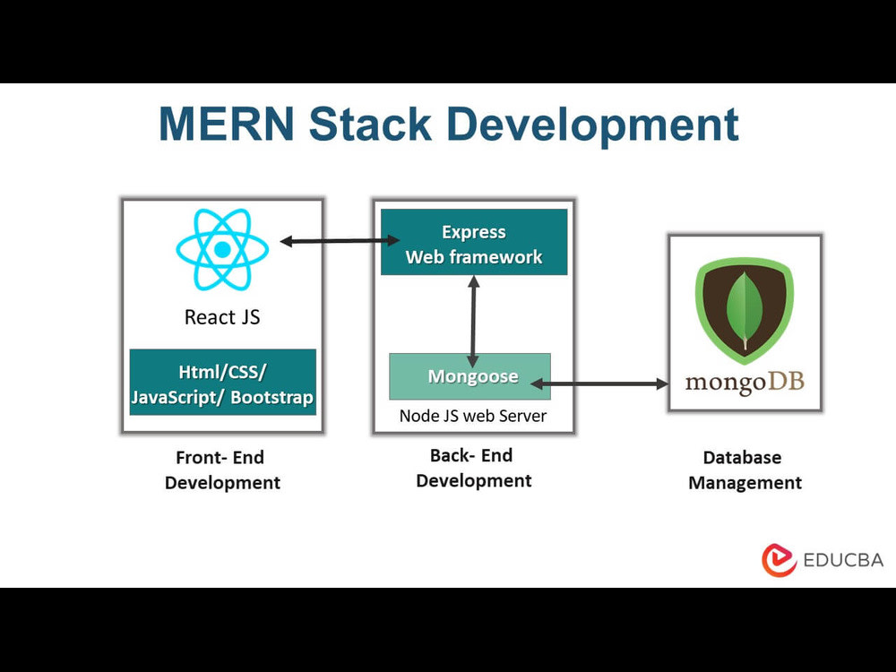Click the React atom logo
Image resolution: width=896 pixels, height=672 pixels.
(222, 249)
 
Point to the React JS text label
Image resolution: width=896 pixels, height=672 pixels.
(222, 317)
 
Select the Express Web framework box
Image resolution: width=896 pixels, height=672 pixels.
(474, 242)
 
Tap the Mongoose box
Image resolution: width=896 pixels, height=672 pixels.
(470, 376)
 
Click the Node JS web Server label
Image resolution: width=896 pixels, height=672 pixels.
(472, 416)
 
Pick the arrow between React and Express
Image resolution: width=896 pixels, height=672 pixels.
(340, 241)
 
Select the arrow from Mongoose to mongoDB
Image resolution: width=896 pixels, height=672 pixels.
(600, 384)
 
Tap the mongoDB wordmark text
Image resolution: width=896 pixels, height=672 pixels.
(745, 383)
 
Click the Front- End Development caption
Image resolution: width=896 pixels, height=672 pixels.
(222, 470)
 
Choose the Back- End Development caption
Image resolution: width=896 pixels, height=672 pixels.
(473, 468)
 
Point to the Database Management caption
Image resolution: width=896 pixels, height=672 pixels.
(745, 470)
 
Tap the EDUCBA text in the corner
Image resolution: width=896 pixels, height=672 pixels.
(842, 560)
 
